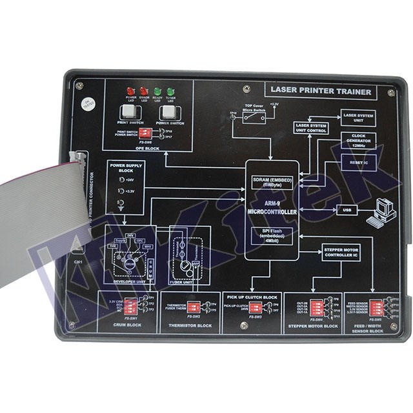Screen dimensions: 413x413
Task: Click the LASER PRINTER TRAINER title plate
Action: pyautogui.click(x=321, y=92)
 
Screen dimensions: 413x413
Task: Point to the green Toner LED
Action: pyautogui.click(x=171, y=92)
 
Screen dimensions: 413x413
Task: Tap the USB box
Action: pyautogui.click(x=346, y=210)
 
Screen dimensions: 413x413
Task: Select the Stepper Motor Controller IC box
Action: pyautogui.click(x=339, y=251)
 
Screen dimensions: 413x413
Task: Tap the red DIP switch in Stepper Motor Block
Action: pyautogui.click(x=317, y=305)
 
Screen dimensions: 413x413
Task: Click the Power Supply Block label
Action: pyautogui.click(x=124, y=166)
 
